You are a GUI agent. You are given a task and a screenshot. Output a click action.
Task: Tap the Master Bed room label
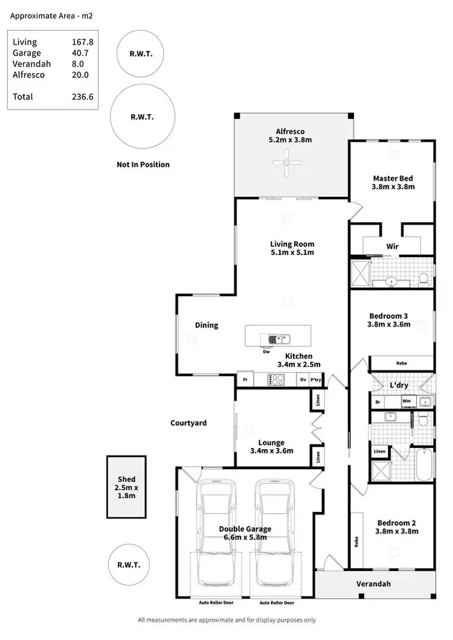(x=393, y=178)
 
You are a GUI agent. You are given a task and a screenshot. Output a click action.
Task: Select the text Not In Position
(x=143, y=164)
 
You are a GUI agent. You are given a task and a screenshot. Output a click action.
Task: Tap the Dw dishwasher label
(x=266, y=351)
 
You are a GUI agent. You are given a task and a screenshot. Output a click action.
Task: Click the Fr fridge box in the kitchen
(x=245, y=380)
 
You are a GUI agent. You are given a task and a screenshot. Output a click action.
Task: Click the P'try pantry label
(x=316, y=380)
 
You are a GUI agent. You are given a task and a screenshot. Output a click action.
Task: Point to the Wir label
(x=392, y=246)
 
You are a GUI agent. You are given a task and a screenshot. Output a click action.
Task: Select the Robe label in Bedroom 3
(x=401, y=363)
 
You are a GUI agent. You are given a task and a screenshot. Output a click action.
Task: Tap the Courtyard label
(x=188, y=423)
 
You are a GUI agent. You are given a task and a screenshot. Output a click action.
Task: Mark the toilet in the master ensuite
(x=423, y=278)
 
